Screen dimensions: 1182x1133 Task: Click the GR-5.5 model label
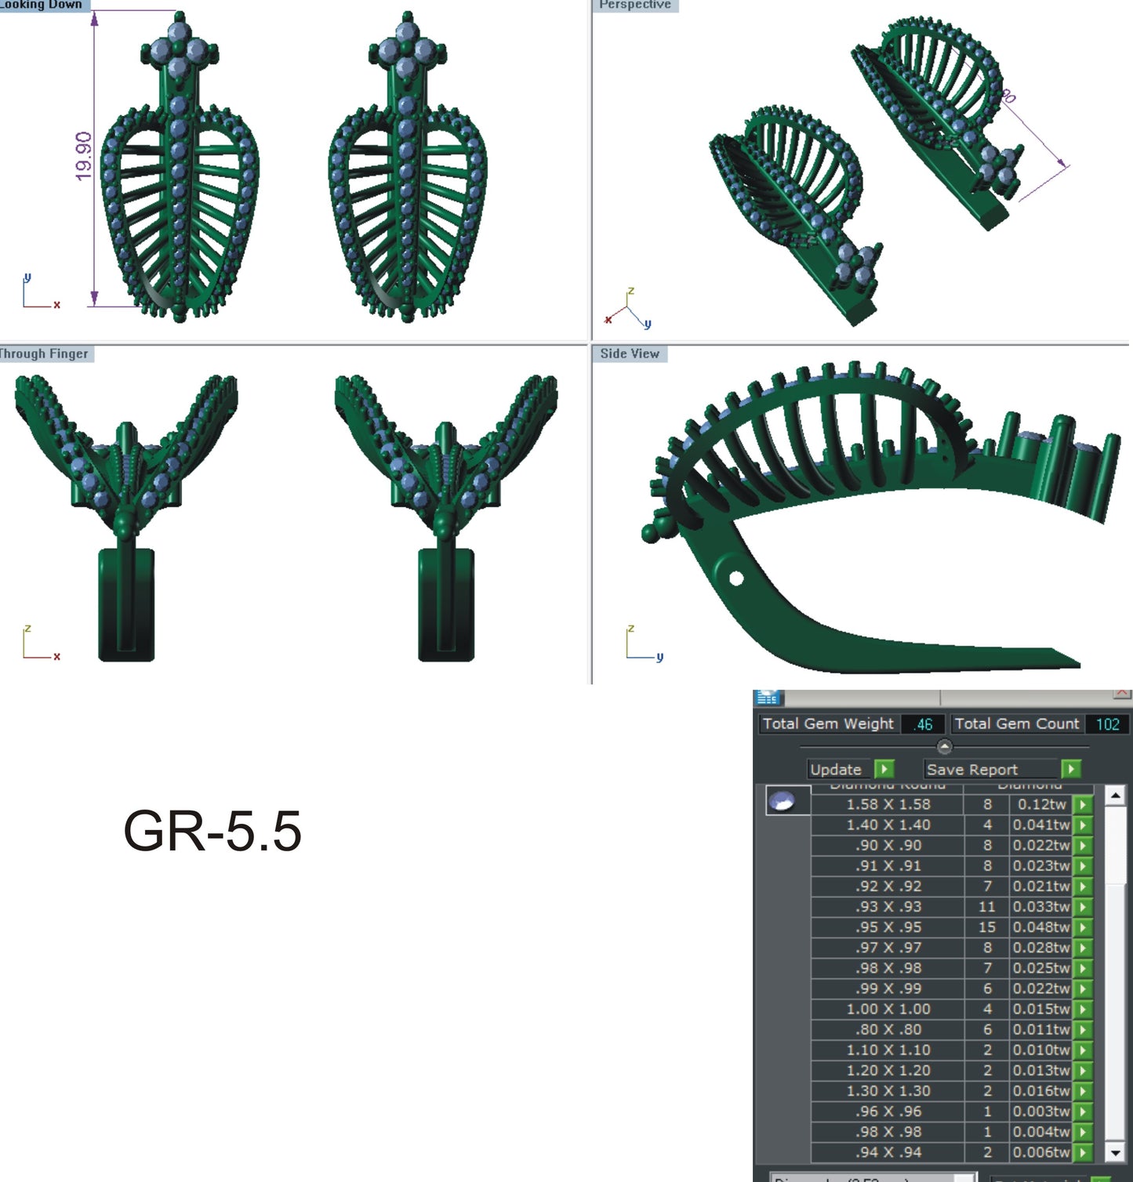[212, 831]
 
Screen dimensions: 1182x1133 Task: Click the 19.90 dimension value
[84, 156]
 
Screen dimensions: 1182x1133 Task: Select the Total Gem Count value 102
[1107, 724]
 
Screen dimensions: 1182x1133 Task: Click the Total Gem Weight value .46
[923, 724]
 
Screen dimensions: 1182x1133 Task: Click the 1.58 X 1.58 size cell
[888, 804]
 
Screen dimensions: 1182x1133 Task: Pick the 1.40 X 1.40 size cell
[888, 825]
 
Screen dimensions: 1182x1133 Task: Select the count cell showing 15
[986, 927]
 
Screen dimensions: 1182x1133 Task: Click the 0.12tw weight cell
[1041, 804]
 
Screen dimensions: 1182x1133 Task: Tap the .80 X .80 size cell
[888, 1029]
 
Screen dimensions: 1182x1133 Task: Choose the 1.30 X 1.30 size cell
[888, 1091]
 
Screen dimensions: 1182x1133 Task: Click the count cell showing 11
[986, 907]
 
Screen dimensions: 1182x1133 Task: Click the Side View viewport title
[630, 354]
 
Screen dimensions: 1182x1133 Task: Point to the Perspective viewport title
[635, 5]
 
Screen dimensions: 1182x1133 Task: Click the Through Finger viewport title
[44, 354]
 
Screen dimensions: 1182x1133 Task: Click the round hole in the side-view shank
[735, 578]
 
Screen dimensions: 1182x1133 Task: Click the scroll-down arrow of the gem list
[1115, 1152]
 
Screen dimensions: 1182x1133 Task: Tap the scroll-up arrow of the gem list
[1115, 796]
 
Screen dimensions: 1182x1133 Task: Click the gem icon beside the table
[783, 801]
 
